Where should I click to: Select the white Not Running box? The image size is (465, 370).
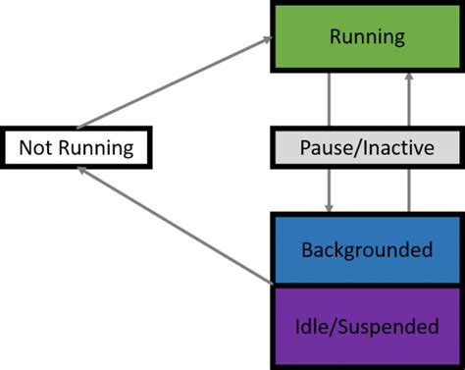click(x=77, y=149)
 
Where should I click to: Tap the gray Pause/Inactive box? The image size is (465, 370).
click(x=367, y=149)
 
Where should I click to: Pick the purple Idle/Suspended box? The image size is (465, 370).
click(x=367, y=326)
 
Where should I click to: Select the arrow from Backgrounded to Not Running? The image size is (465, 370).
click(x=177, y=227)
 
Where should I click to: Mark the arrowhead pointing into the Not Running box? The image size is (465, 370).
click(x=84, y=171)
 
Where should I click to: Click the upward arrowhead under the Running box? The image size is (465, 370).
click(x=405, y=79)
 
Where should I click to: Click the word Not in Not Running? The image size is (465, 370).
click(x=37, y=149)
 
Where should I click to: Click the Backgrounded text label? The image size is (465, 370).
click(x=367, y=249)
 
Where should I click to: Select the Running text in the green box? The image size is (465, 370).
click(x=367, y=38)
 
